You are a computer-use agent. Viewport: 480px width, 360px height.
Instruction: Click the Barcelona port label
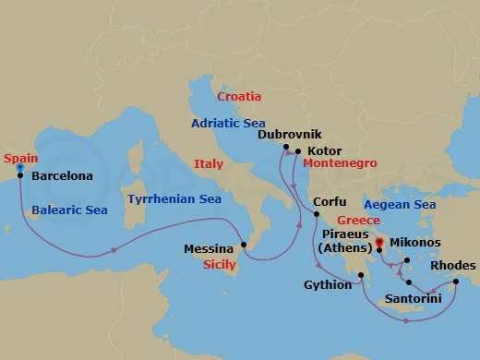[61, 174]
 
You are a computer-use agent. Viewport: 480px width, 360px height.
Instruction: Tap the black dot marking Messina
[244, 245]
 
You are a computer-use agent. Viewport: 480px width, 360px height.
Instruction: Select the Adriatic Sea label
[228, 121]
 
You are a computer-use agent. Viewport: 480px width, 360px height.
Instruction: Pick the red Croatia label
[238, 96]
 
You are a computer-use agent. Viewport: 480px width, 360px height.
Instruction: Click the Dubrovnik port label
[289, 134]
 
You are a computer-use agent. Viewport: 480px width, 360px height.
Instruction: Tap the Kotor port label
[325, 150]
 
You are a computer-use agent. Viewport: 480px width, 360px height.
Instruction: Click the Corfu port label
[330, 201]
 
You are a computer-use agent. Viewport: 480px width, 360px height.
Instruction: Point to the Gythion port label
[328, 285]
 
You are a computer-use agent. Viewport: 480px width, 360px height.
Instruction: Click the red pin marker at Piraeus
[379, 244]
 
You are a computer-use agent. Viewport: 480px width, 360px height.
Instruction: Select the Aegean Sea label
[399, 204]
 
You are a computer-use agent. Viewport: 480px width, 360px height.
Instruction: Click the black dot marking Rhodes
[456, 282]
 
